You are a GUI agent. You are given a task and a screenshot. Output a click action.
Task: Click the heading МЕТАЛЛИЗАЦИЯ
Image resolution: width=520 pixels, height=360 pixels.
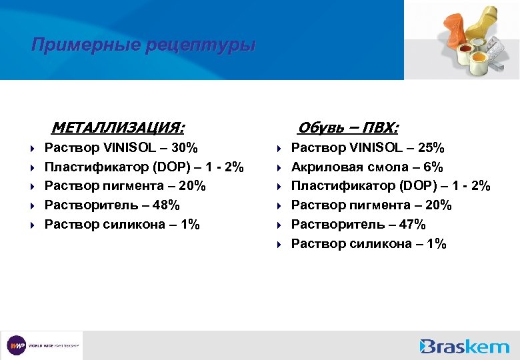click(118, 127)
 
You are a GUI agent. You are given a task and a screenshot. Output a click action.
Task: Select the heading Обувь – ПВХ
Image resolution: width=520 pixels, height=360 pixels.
click(348, 127)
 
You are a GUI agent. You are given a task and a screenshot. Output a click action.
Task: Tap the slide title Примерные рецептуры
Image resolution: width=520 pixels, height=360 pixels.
click(143, 45)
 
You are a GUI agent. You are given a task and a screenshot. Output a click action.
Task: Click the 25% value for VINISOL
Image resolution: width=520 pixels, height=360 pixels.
click(430, 147)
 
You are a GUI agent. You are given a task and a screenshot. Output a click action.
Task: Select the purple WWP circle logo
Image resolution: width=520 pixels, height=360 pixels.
click(17, 346)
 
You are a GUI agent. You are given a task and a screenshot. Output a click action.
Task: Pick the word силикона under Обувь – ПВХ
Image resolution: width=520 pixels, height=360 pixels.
click(379, 244)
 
